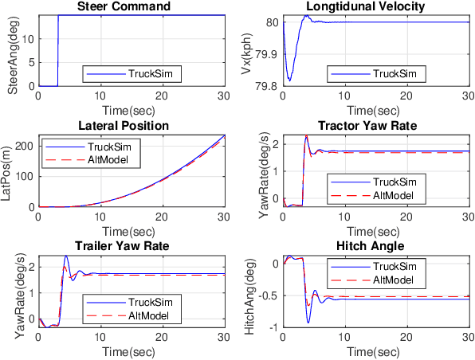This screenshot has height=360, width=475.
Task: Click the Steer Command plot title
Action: pyautogui.click(x=132, y=7)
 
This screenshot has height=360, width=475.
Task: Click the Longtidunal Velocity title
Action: pyautogui.click(x=375, y=7)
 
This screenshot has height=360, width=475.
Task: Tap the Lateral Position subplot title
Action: pyautogui.click(x=132, y=127)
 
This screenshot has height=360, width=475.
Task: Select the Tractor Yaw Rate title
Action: pyautogui.click(x=375, y=127)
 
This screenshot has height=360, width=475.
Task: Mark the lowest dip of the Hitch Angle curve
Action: pyautogui.click(x=308, y=322)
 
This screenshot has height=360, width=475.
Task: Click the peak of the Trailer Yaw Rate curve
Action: pyautogui.click(x=66, y=256)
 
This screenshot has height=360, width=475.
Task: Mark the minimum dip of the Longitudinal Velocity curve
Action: pyautogui.click(x=289, y=80)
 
